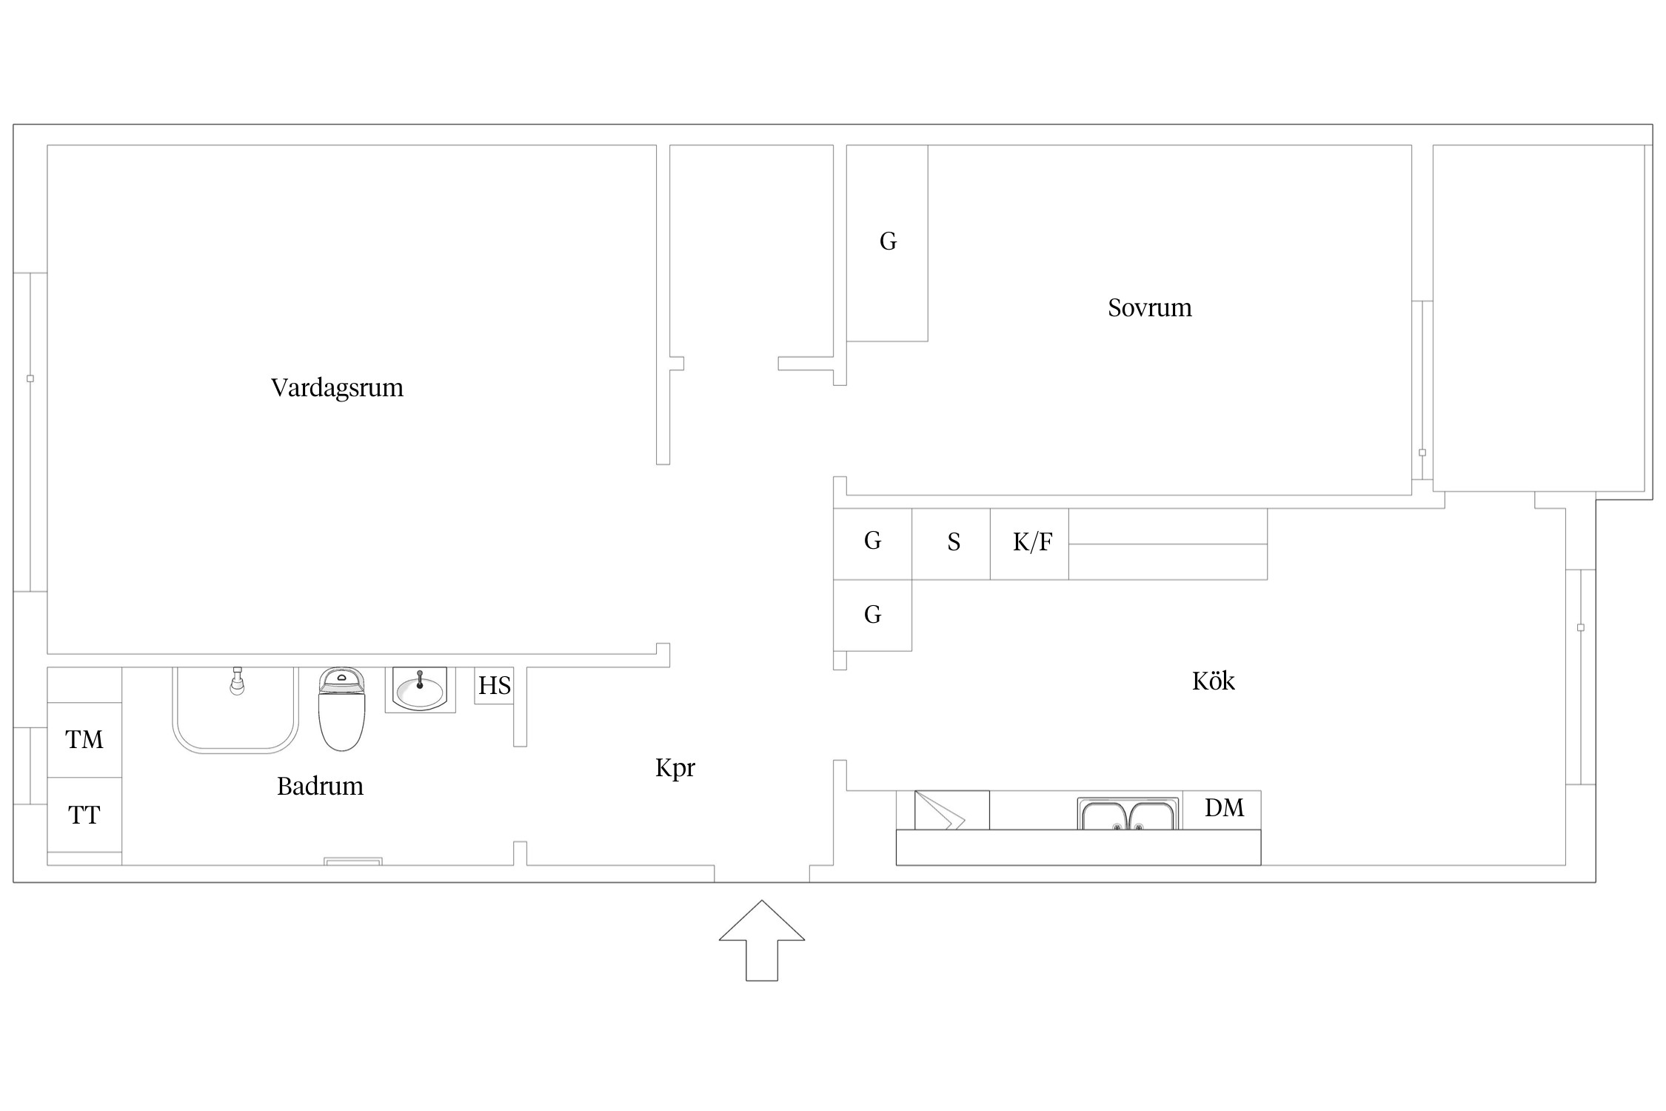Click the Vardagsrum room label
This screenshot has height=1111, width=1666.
337,388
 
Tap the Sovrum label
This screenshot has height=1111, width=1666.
1150,308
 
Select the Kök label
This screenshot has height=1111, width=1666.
1214,681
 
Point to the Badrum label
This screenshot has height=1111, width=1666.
320,786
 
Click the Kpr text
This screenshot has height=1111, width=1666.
675,768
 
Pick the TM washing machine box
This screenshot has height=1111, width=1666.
84,740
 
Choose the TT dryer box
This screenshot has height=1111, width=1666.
84,815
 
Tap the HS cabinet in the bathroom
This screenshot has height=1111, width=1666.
494,686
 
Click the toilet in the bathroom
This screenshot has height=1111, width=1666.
341,709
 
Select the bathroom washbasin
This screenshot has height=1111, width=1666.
420,690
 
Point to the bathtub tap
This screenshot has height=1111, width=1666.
237,681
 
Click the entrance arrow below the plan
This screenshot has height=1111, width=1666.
761,941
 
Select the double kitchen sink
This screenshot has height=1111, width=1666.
1128,814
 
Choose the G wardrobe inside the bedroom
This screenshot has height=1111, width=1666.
887,243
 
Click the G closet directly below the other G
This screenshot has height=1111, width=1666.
872,615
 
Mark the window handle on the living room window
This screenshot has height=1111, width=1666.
30,378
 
